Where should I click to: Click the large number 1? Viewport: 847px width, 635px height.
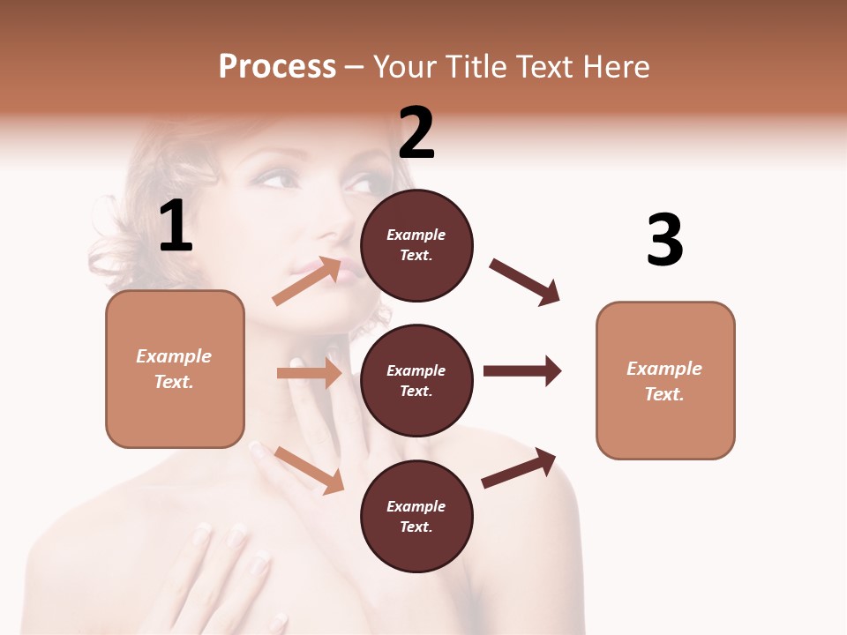pos(176,227)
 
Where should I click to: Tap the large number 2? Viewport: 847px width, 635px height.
pos(416,133)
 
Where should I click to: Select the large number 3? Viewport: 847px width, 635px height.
pos(665,240)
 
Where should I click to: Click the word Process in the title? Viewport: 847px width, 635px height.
pos(277,66)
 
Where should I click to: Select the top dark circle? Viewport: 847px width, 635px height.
pos(417,245)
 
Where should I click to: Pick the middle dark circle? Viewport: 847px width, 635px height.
pos(417,380)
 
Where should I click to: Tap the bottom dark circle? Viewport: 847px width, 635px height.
pos(417,516)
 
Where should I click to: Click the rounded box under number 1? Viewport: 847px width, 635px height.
pos(175,369)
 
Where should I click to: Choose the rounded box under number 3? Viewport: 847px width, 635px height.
pos(665,380)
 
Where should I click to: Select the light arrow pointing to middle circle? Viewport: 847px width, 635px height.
pos(310,373)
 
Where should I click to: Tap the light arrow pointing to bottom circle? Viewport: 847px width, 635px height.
pos(310,469)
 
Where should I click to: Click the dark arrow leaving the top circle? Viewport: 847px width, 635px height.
pos(525,282)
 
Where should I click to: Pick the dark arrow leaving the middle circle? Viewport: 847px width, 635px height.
pos(522,371)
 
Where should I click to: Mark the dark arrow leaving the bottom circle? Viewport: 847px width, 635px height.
pos(519,468)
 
